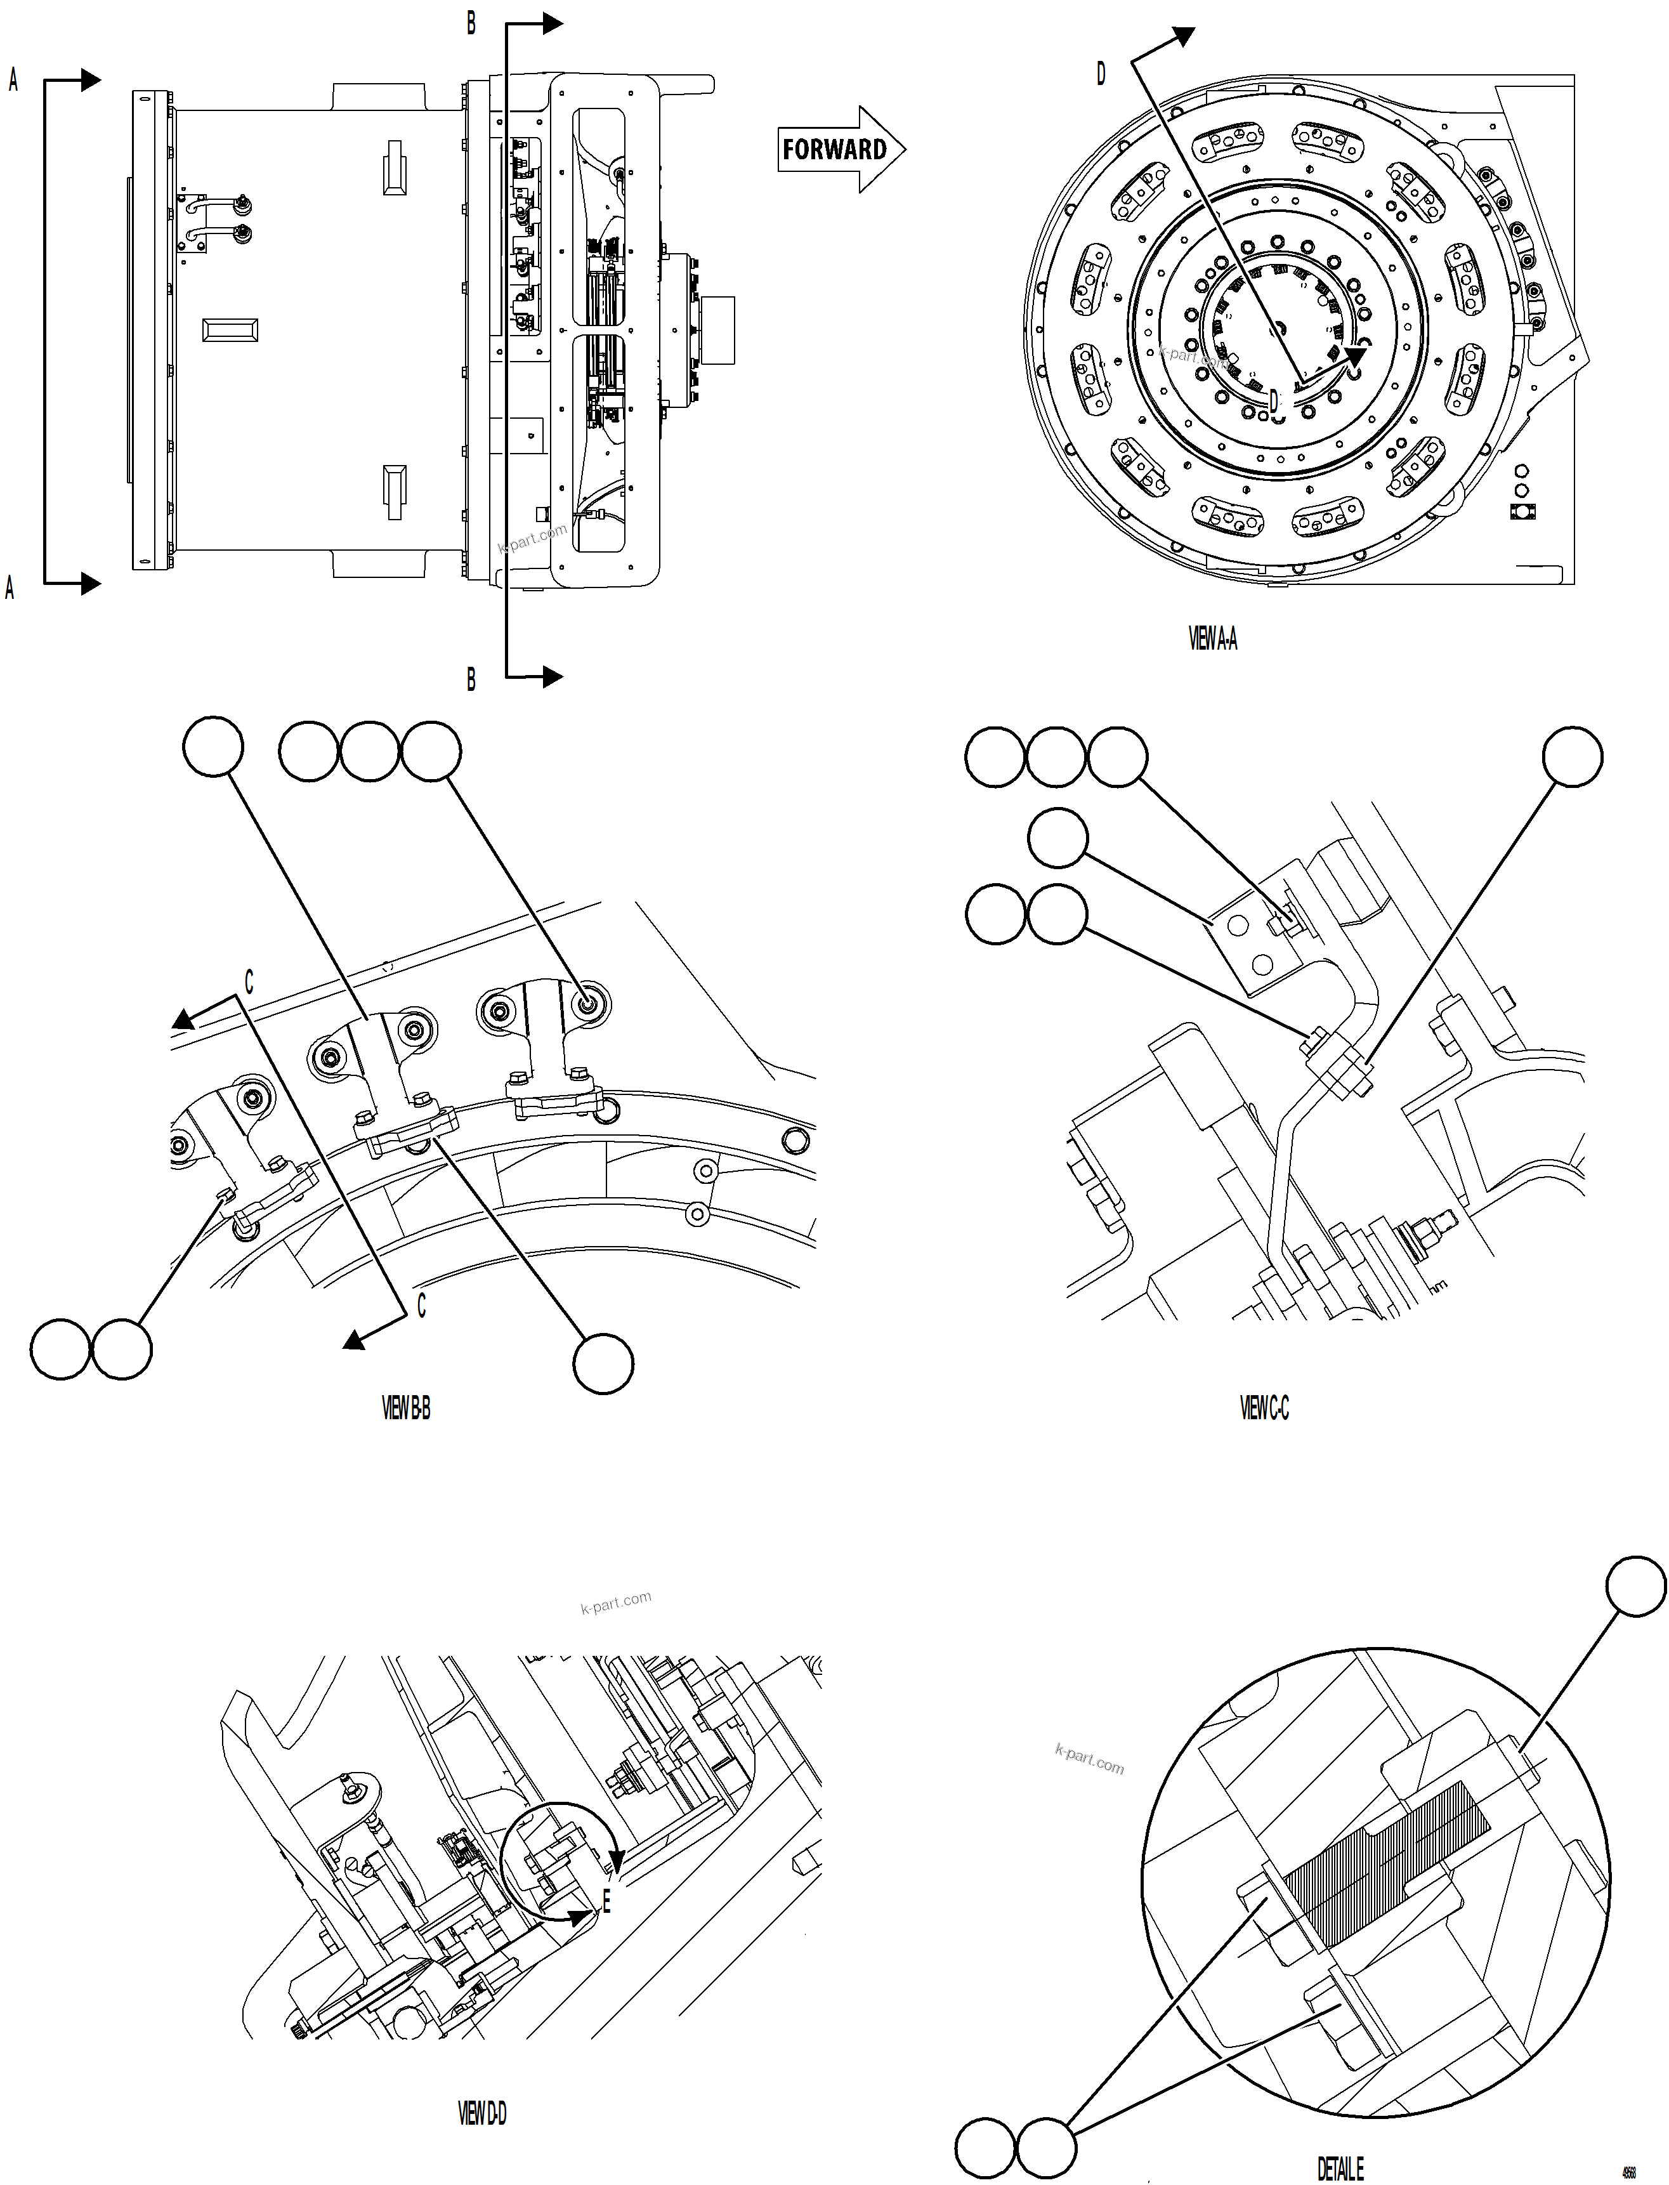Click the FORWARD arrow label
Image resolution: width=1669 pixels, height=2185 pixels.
pos(835,150)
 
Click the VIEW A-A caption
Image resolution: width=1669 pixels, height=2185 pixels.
pos(1212,639)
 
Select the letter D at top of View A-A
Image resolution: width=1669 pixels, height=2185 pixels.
pos(1101,74)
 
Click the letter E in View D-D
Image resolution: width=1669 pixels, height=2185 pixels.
pos(606,1903)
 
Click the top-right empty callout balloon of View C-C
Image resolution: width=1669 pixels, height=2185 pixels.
pos(1572,757)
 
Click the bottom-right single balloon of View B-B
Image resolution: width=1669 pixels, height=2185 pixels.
pos(603,1363)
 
